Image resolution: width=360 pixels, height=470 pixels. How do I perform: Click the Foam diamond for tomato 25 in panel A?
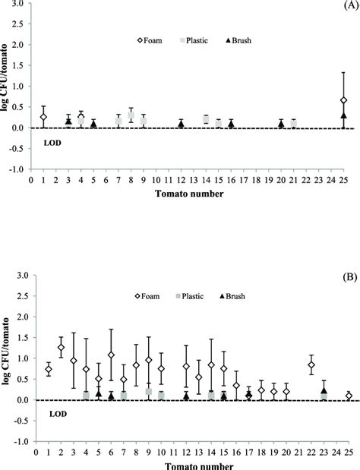[344, 100]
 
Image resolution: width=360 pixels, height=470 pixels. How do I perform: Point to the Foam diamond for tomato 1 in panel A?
[43, 117]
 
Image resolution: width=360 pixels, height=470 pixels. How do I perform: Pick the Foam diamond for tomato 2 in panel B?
[61, 348]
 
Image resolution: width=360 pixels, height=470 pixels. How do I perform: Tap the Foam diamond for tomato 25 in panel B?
[349, 396]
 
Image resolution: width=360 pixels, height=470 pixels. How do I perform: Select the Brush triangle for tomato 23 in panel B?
[324, 391]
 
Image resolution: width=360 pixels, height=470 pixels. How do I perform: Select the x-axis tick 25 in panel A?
[344, 181]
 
